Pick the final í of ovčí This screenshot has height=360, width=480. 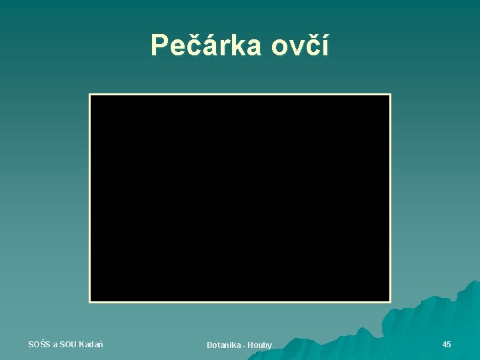click(x=324, y=46)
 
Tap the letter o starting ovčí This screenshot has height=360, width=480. click(x=279, y=48)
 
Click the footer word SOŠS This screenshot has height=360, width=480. click(x=39, y=344)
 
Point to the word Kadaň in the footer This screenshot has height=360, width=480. click(x=91, y=344)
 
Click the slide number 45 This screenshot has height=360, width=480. click(x=447, y=344)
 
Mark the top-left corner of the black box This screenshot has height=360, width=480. click(x=90, y=95)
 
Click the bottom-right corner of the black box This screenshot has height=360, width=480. click(x=390, y=302)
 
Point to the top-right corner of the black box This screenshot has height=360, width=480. click(x=390, y=95)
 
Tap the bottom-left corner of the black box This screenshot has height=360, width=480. click(x=90, y=302)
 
